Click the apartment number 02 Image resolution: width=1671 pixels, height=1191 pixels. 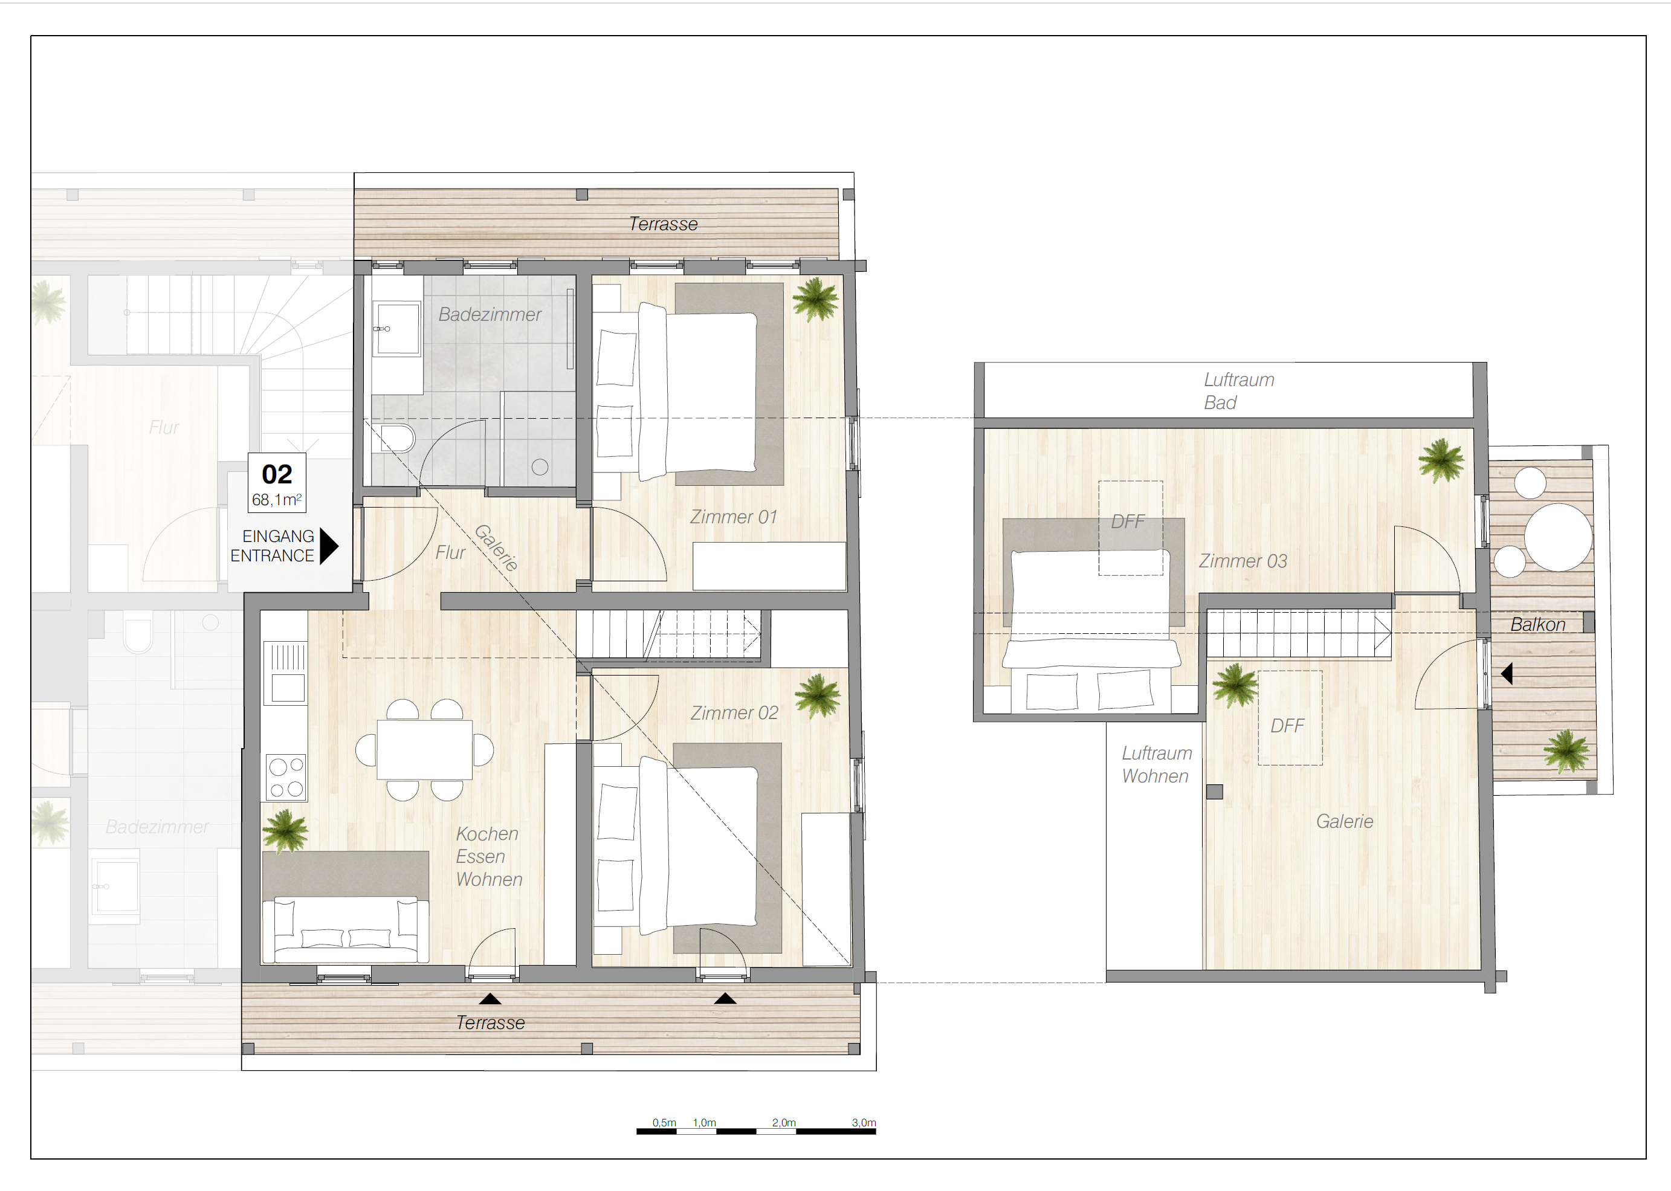277,474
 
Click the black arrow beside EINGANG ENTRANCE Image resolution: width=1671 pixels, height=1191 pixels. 329,546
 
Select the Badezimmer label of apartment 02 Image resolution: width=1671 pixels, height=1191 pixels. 490,315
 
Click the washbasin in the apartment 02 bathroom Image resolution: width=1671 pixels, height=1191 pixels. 396,329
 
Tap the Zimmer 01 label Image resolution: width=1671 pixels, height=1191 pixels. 733,517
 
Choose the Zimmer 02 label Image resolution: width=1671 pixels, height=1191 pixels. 734,713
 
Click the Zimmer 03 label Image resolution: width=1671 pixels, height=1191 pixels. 1243,561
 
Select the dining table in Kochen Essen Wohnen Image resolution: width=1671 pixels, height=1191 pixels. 425,749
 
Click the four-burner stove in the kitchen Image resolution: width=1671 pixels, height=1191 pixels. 286,777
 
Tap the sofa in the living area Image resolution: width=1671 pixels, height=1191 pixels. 346,929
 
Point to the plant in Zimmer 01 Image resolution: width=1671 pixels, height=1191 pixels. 815,299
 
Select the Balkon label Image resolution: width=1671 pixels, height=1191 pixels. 1537,625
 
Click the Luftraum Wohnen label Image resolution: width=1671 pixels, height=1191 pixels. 1156,764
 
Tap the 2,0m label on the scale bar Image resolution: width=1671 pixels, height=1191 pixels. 783,1123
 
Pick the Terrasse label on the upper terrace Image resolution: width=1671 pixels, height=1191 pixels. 663,224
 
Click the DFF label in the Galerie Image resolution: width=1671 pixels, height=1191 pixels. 1287,726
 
